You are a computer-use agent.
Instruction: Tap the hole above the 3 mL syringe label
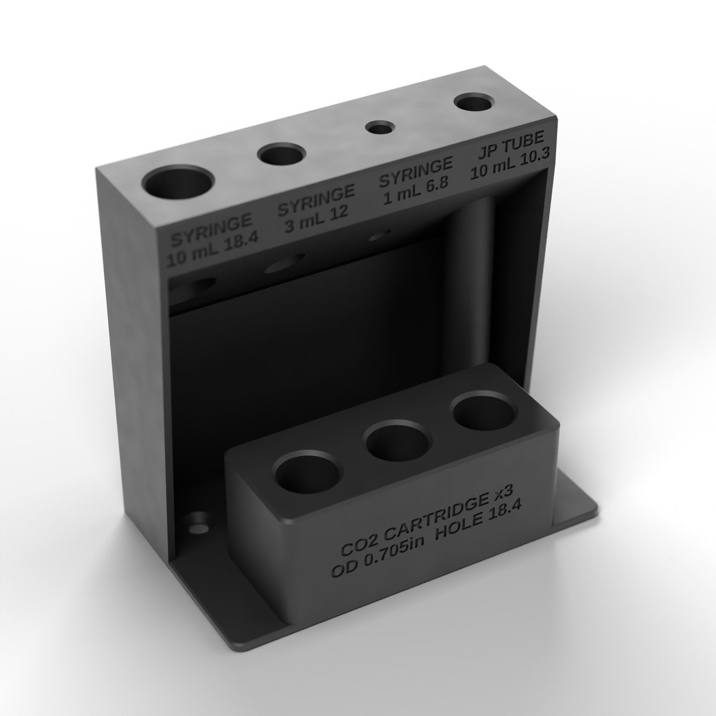coord(281,154)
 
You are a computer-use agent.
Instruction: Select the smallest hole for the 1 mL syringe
coord(379,128)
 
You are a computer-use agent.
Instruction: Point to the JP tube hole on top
coord(474,103)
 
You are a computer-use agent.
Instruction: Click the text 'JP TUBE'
coord(510,143)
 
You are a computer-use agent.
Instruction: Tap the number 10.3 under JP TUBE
coord(532,159)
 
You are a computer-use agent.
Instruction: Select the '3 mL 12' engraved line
coord(317,219)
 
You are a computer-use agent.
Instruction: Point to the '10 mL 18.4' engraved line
coord(212,250)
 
